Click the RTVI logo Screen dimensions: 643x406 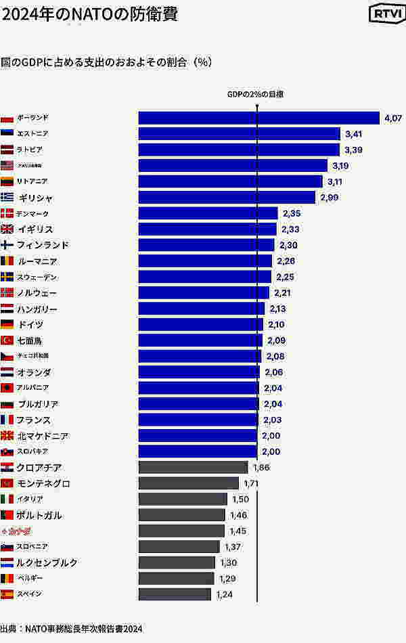pyautogui.click(x=384, y=14)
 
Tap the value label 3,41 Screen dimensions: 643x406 pyautogui.click(x=354, y=134)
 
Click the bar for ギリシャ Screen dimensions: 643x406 pyautogui.click(x=227, y=197)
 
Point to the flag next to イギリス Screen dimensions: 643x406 pyautogui.click(x=7, y=229)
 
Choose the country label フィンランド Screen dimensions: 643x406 pyautogui.click(x=43, y=245)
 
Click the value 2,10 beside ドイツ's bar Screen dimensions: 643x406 pyautogui.click(x=277, y=325)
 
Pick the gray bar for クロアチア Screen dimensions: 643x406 pyautogui.click(x=193, y=467)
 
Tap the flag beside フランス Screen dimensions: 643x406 pyautogui.click(x=7, y=420)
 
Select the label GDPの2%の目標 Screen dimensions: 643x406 pyautogui.click(x=255, y=94)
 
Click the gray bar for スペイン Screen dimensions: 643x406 pyautogui.click(x=175, y=594)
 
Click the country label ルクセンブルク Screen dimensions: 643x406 pyautogui.click(x=47, y=562)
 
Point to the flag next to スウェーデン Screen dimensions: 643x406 pyautogui.click(x=7, y=277)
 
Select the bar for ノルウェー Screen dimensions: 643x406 pyautogui.click(x=204, y=293)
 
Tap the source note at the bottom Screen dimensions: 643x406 pyautogui.click(x=72, y=628)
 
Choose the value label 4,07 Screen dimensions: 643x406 pyautogui.click(x=392, y=118)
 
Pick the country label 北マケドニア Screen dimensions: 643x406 pyautogui.click(x=43, y=436)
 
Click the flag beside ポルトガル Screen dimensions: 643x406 pyautogui.click(x=7, y=515)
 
